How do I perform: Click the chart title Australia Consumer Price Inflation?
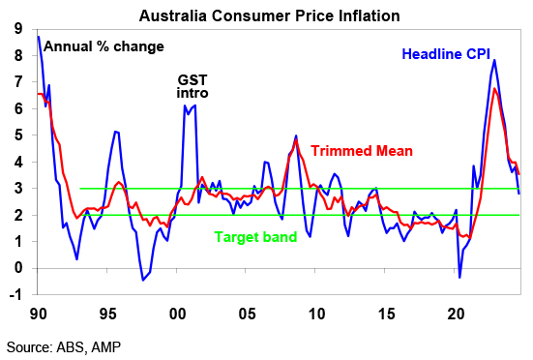(269, 16)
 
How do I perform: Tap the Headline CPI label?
(446, 54)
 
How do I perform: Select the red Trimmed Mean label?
(362, 151)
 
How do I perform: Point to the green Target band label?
(255, 237)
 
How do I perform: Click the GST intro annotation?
(192, 86)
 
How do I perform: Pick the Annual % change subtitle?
(104, 46)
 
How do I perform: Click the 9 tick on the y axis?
(18, 29)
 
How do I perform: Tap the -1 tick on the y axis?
(15, 295)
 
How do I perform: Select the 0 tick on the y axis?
(18, 268)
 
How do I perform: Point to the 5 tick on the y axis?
(18, 135)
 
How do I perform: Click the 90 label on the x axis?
(38, 314)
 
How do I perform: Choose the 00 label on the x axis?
(177, 314)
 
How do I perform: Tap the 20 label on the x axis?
(456, 314)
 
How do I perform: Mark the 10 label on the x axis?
(316, 314)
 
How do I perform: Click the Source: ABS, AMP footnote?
(64, 347)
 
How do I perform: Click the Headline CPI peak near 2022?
(494, 60)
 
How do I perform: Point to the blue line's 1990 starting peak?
(39, 37)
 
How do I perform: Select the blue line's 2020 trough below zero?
(459, 278)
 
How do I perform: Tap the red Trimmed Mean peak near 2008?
(296, 139)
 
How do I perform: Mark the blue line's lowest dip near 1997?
(143, 280)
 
